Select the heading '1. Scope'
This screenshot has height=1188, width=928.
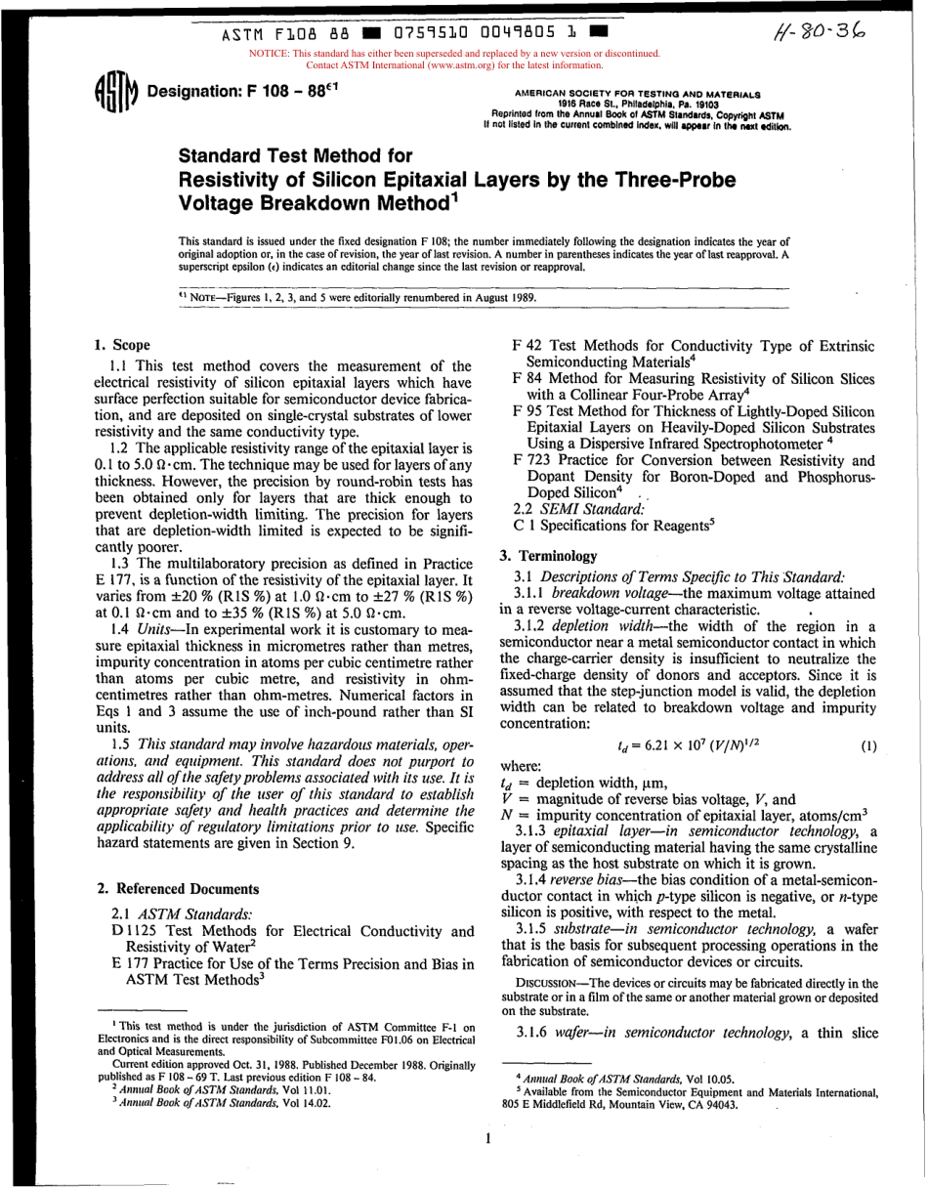(122, 344)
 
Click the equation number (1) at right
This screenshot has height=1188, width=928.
(868, 745)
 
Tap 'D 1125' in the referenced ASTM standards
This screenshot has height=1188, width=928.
(132, 930)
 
